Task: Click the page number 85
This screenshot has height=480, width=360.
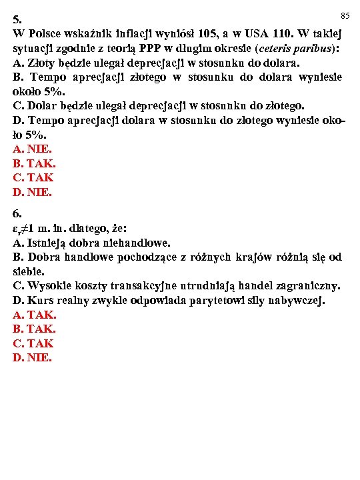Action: pyautogui.click(x=345, y=15)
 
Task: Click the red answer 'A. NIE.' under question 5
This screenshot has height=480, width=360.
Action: pyautogui.click(x=32, y=149)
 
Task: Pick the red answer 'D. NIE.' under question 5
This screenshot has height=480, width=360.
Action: pyautogui.click(x=32, y=193)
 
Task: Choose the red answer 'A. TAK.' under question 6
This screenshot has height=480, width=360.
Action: pyautogui.click(x=34, y=315)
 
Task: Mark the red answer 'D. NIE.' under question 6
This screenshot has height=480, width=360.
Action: pyautogui.click(x=32, y=358)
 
